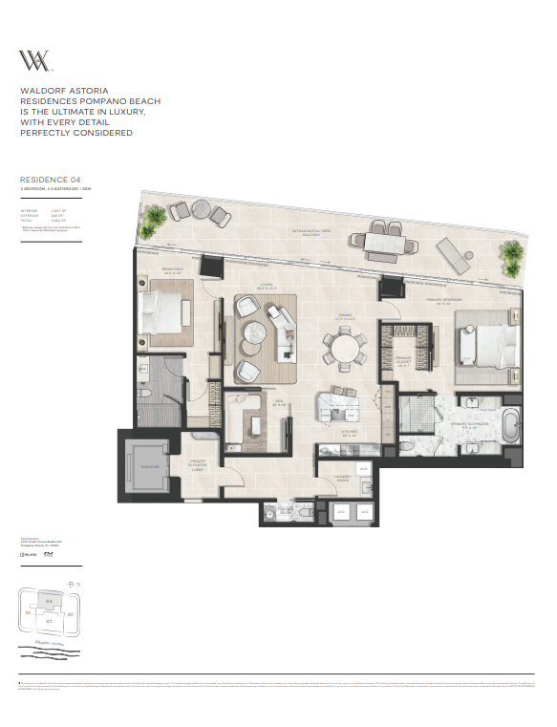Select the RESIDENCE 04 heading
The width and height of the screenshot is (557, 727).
pyautogui.click(x=44, y=179)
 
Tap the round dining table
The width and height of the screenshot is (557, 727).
pyautogui.click(x=343, y=348)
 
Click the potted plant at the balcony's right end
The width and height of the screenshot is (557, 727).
pyautogui.click(x=513, y=252)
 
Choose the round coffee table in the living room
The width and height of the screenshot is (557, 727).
pyautogui.click(x=257, y=333)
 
